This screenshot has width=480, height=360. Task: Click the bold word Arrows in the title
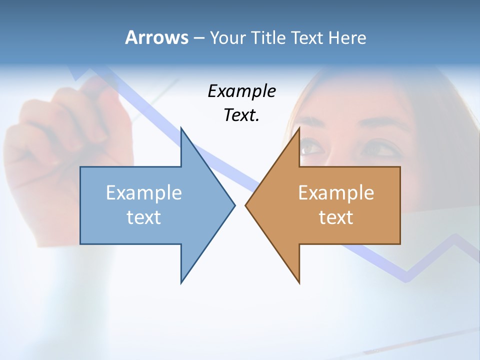(x=156, y=37)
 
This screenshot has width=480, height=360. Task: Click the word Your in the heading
(x=227, y=37)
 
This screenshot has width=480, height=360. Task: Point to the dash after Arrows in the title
(x=198, y=38)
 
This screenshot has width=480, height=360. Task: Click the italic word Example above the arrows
(x=241, y=91)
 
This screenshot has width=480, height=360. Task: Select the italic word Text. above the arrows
(x=241, y=115)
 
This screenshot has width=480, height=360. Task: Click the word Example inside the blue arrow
(x=144, y=192)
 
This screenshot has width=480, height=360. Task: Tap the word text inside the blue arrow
(x=144, y=217)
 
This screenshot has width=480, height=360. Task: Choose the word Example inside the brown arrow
(x=336, y=192)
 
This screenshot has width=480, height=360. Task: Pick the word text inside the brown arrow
(x=336, y=217)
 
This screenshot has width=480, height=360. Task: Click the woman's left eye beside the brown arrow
(x=311, y=147)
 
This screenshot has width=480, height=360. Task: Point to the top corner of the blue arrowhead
(x=181, y=129)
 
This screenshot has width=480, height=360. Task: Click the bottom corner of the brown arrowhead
(x=299, y=282)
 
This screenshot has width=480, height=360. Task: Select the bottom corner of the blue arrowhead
(x=181, y=282)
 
